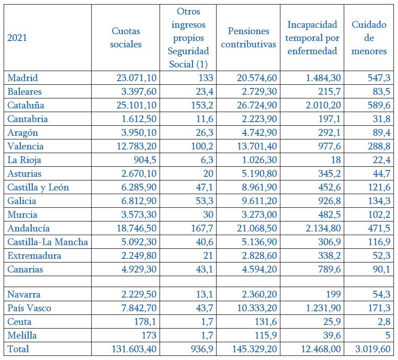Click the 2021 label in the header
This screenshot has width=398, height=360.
click(x=17, y=38)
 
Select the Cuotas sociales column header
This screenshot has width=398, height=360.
click(x=126, y=37)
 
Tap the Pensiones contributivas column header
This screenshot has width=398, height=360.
click(x=248, y=37)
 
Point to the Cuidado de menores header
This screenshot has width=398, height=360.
click(x=369, y=38)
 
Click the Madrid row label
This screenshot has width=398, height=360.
click(x=23, y=78)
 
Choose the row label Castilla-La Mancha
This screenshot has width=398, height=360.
click(x=48, y=242)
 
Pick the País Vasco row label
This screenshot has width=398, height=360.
click(x=29, y=308)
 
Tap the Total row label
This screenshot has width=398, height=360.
click(x=18, y=349)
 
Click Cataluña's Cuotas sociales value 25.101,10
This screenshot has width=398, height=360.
click(x=137, y=105)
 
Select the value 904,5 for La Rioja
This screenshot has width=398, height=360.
click(x=145, y=160)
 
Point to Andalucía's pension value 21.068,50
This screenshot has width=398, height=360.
click(x=257, y=228)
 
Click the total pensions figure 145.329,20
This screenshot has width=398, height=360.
click(x=254, y=349)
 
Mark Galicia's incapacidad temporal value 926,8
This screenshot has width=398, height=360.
click(x=330, y=201)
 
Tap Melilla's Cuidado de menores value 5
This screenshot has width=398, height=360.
click(x=388, y=335)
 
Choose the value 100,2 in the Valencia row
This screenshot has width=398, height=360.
click(x=202, y=146)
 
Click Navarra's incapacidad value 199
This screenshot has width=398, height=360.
click(x=333, y=294)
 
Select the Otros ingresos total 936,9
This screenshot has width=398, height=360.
click(x=202, y=349)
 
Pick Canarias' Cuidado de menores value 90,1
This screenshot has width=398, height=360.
click(x=379, y=269)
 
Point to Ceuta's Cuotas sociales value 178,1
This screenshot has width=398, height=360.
click(x=145, y=322)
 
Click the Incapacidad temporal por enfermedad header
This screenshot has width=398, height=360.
click(x=312, y=38)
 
